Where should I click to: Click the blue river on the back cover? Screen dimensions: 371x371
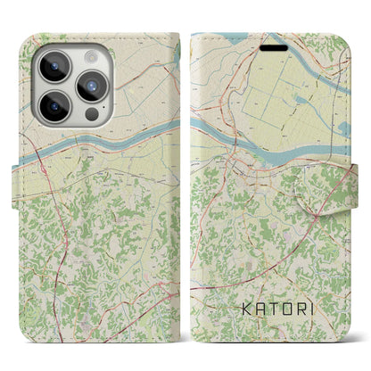click(107, 143)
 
